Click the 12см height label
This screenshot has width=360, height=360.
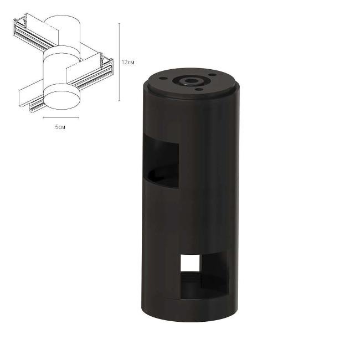128,63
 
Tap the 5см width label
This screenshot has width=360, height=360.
60,128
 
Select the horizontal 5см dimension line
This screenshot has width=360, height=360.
60,118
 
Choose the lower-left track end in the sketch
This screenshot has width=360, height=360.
25,100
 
